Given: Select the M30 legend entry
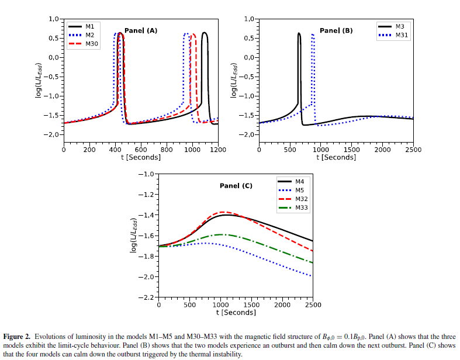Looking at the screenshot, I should (92, 44).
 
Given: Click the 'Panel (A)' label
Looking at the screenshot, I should (141, 31).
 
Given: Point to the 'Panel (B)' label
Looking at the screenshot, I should (336, 31).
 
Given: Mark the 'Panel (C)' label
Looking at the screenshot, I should (236, 186).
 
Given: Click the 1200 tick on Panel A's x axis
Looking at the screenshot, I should (218, 150).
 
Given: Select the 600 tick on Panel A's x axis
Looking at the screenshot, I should (141, 150).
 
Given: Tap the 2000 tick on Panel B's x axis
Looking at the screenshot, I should (382, 150).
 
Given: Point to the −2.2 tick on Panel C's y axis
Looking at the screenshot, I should (146, 298).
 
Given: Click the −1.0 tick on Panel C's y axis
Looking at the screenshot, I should (146, 174).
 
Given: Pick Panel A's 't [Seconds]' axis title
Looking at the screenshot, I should (141, 157).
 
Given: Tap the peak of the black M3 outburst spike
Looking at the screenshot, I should (299, 33).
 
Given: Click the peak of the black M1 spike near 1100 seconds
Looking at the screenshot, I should (205, 33).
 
